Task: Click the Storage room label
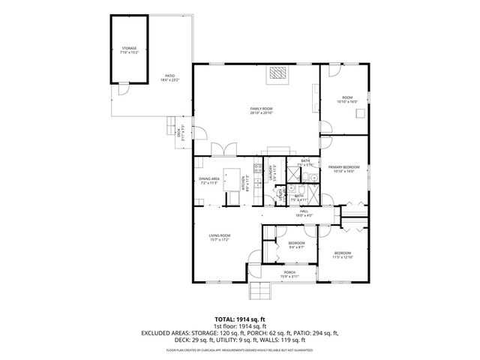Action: [x=130, y=50]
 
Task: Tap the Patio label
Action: [x=170, y=78]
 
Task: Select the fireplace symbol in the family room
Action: [x=278, y=72]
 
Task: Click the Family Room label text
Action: [x=261, y=111]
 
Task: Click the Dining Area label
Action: [x=209, y=180]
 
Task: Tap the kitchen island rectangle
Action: [x=243, y=181]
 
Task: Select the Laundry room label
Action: [x=270, y=173]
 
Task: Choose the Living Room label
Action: [x=219, y=238]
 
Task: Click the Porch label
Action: [x=289, y=274]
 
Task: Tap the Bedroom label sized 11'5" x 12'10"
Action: [x=343, y=255]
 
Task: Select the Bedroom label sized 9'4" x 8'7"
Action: [x=296, y=245]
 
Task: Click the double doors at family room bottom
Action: [x=218, y=149]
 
